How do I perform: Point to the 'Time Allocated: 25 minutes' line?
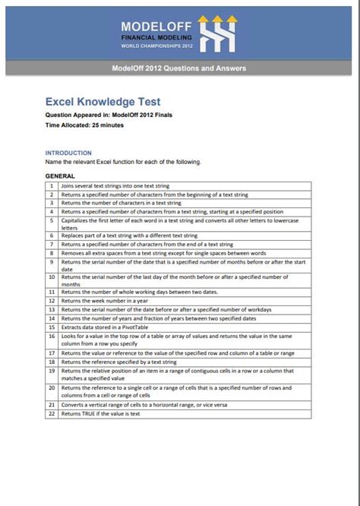pyautogui.click(x=81, y=124)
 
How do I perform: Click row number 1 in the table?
pyautogui.click(x=51, y=185)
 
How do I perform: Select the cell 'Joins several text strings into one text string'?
pyautogui.click(x=115, y=185)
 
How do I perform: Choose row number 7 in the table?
pyautogui.click(x=51, y=244)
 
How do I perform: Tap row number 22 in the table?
pyautogui.click(x=51, y=413)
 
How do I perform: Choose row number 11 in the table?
pyautogui.click(x=51, y=291)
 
